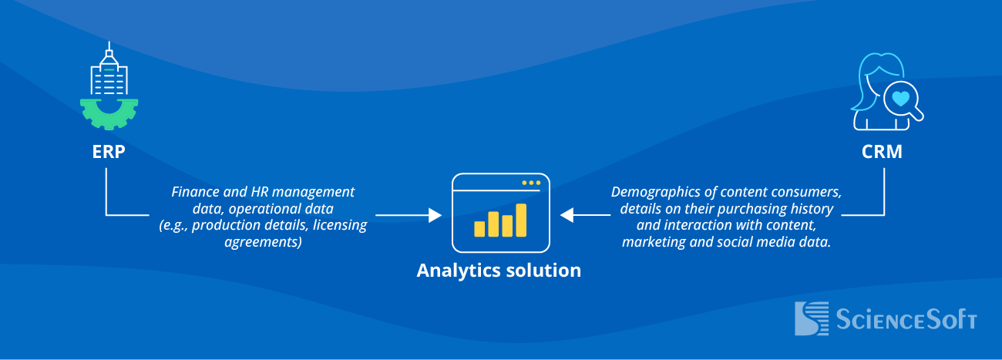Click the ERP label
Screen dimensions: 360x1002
[108, 153]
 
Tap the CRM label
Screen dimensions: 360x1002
[882, 153]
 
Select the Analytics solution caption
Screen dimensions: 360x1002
[499, 271]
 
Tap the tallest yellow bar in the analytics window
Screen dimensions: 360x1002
[521, 220]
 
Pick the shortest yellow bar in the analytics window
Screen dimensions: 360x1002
[479, 228]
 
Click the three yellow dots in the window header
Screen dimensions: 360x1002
[530, 183]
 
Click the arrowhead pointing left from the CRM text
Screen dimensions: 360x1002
[567, 215]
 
